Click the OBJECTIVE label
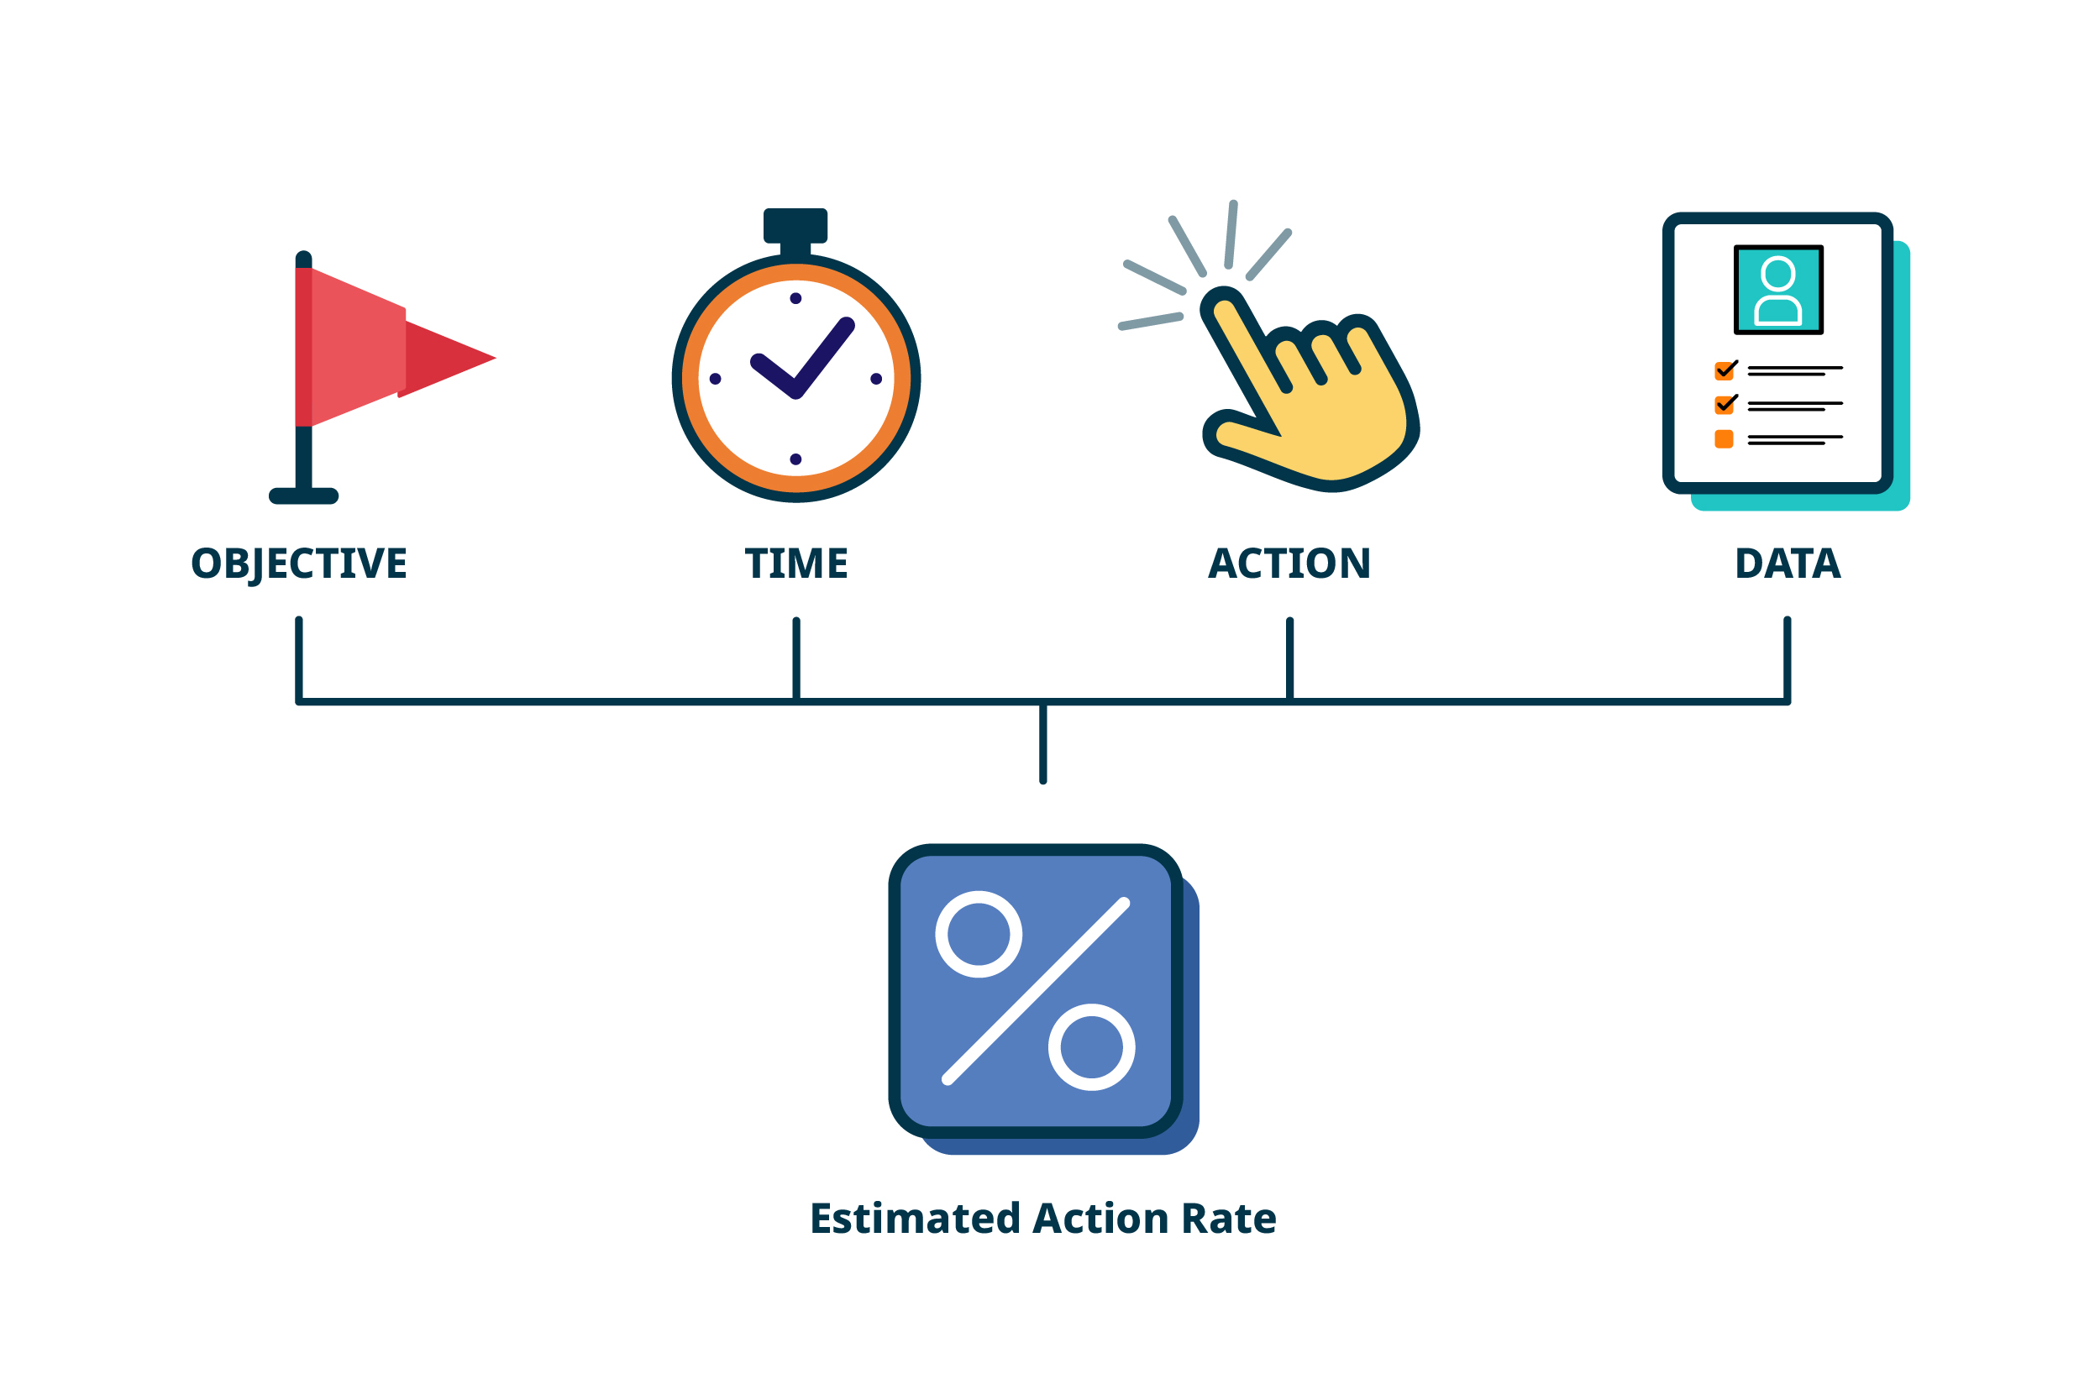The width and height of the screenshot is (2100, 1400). click(x=299, y=564)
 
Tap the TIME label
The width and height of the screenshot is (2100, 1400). click(x=795, y=564)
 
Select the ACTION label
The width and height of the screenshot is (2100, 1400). click(x=1289, y=564)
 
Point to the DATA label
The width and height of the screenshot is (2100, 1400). click(x=1787, y=564)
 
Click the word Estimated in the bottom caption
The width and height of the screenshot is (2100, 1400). click(x=914, y=1219)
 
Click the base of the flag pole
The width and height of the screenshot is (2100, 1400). click(x=303, y=496)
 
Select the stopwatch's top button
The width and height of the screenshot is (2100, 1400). click(x=795, y=225)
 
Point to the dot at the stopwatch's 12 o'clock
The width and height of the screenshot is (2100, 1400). click(x=795, y=298)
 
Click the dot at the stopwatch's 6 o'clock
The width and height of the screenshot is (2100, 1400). click(x=795, y=460)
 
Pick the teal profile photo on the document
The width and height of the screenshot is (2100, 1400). click(x=1777, y=291)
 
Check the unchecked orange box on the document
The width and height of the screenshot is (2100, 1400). click(x=1725, y=439)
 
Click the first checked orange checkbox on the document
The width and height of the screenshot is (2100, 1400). click(x=1725, y=370)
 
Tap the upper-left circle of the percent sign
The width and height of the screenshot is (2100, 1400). click(x=979, y=935)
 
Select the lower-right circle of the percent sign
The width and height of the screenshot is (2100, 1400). click(x=1091, y=1047)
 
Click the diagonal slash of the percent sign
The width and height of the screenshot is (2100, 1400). click(x=1036, y=991)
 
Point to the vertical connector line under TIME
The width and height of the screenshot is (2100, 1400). click(x=795, y=659)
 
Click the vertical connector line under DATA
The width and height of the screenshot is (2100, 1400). click(x=1787, y=659)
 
